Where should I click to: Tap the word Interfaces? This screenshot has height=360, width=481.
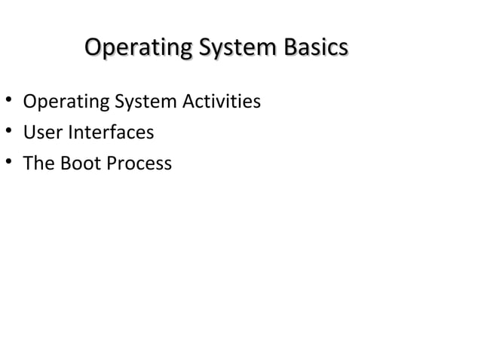109,133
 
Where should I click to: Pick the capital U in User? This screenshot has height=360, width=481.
29,133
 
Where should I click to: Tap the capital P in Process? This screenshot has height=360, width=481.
112,163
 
